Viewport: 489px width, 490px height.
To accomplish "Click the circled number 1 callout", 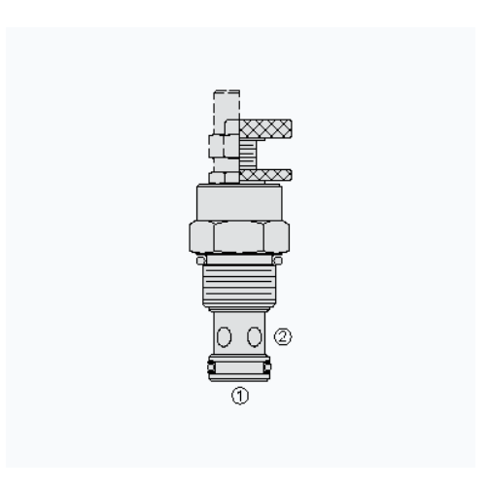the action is click(240, 396).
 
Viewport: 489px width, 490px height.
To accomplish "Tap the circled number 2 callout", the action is click(283, 336).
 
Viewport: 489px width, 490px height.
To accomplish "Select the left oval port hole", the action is click(224, 336).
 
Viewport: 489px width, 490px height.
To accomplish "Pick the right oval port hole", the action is click(255, 336).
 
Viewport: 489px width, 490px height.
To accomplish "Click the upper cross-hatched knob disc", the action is click(265, 128).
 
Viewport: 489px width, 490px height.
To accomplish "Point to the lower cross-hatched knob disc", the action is click(265, 175).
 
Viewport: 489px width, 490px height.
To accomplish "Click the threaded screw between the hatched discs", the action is click(248, 155).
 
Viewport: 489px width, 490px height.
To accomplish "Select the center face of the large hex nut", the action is click(239, 237).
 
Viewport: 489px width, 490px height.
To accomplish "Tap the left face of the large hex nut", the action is click(201, 237).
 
